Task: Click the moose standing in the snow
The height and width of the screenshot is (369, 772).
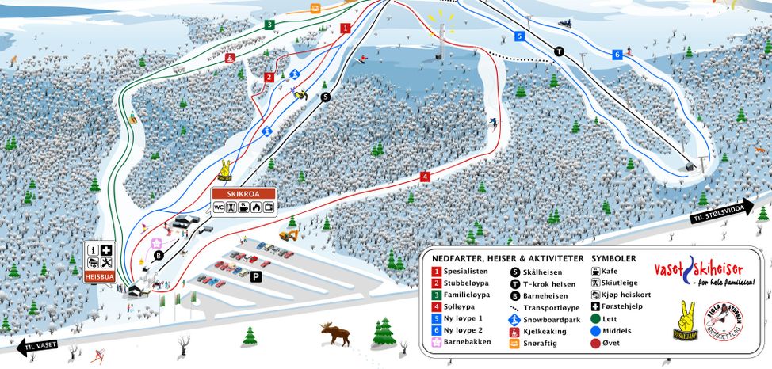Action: pos(336,333)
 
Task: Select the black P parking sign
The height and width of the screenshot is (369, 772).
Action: pos(256,276)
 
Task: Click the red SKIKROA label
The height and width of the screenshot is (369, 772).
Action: pos(244,193)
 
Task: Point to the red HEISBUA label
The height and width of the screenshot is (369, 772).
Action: pos(99,276)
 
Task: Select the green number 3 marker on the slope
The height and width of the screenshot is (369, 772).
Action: pos(269,25)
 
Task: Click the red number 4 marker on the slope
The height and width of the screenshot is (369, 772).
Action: pos(425,177)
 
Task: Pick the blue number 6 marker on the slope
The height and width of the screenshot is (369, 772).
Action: pos(617,55)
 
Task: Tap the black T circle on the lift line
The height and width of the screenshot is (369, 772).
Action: pos(559,51)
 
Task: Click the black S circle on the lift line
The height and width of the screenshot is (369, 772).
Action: pos(325,97)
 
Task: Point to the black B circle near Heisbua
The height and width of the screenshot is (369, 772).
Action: pos(159,255)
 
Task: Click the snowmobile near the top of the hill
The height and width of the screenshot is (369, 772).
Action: pos(564,23)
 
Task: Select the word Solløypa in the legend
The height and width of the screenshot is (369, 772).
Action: pos(463,306)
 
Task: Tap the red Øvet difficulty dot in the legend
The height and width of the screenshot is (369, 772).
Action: pos(594,343)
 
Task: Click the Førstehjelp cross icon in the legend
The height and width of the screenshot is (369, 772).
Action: pos(594,306)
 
